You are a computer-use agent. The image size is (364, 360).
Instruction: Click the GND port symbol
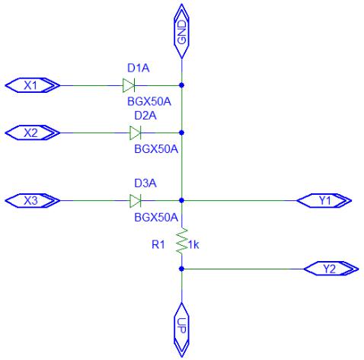(181, 31)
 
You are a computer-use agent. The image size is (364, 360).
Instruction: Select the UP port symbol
(181, 330)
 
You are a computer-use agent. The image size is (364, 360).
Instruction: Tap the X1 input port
(33, 85)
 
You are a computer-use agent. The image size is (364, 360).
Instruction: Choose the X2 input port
(33, 132)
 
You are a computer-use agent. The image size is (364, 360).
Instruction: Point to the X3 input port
(33, 201)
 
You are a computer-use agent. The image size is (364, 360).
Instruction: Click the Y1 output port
(324, 201)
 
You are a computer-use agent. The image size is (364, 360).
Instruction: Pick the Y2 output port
(331, 269)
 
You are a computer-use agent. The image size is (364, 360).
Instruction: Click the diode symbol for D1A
(129, 85)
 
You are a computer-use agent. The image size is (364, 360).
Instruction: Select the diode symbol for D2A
(136, 132)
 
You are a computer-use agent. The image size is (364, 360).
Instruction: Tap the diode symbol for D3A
(136, 201)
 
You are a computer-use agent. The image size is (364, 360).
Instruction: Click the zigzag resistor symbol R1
(182, 241)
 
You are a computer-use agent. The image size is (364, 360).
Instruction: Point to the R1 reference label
(158, 244)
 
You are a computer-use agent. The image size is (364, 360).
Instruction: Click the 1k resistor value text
(193, 244)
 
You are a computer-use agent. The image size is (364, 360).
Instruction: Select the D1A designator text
(139, 68)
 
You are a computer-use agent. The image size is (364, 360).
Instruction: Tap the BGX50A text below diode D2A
(156, 149)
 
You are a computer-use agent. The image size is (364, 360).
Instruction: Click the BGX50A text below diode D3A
(156, 218)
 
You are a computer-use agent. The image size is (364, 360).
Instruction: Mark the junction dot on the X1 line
(181, 85)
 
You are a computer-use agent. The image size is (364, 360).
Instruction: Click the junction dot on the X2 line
(181, 132)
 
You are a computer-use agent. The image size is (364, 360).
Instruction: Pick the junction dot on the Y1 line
(181, 200)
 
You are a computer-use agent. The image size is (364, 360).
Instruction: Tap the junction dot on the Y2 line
(181, 269)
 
